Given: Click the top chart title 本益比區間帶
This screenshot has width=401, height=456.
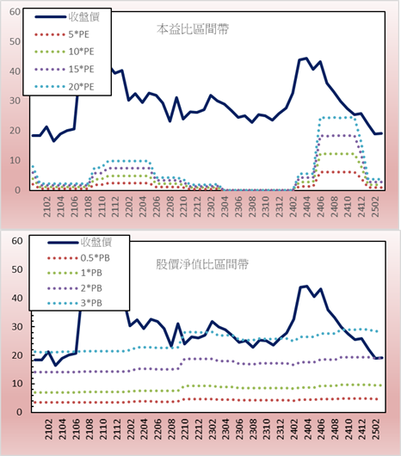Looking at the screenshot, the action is tap(193, 29).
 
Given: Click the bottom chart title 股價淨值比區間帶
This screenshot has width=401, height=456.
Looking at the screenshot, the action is tap(202, 264).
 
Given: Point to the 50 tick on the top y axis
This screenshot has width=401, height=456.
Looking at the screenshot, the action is tap(15, 41).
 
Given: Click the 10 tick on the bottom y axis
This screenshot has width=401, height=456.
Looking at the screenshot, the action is tap(17, 384).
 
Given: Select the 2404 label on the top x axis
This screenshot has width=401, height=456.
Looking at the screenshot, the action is tap(307, 206).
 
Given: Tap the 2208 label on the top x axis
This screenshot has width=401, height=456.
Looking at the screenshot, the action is tap(170, 206).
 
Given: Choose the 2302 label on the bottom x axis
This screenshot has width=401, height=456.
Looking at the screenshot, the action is tap(213, 429).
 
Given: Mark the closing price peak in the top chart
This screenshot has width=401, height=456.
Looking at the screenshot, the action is tap(306, 59).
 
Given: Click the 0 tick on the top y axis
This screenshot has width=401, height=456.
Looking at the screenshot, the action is tap(18, 190).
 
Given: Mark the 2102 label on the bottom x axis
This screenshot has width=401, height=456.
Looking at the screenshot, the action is tap(48, 429).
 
